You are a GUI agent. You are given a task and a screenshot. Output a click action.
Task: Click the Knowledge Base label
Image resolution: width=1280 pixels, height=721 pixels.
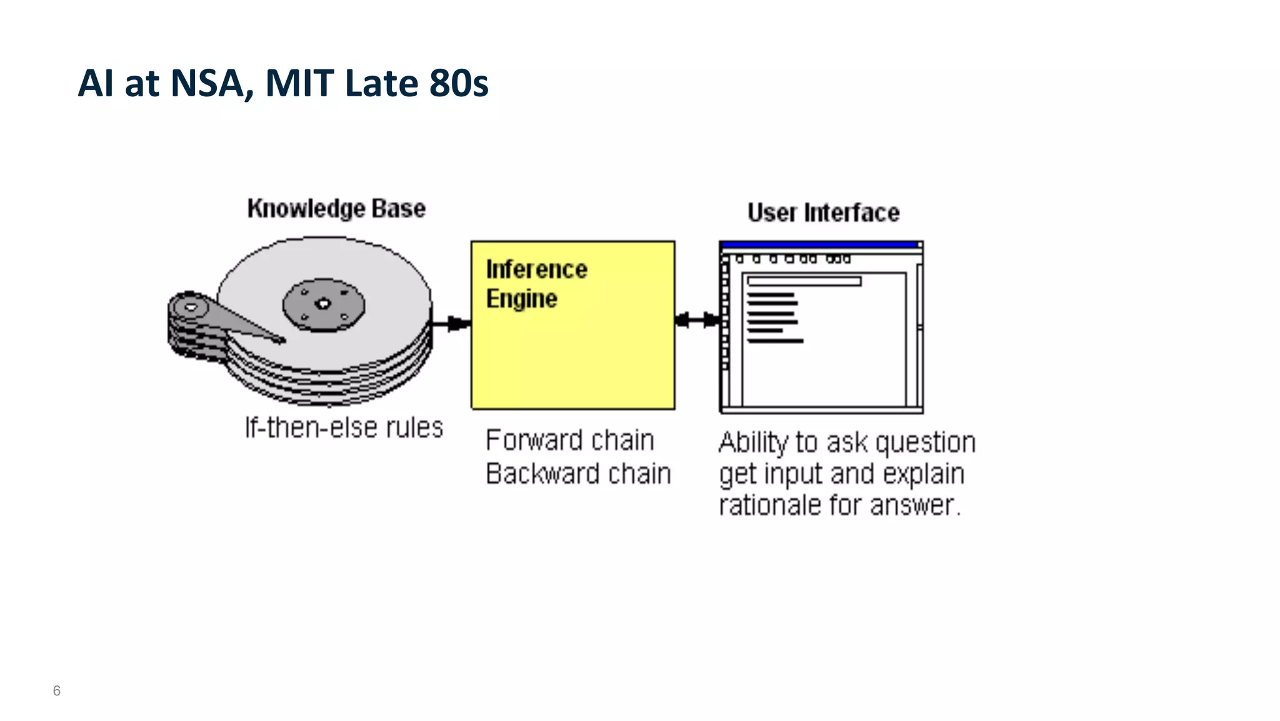[336, 208]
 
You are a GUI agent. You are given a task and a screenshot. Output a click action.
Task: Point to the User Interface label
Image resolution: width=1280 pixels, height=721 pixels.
[823, 213]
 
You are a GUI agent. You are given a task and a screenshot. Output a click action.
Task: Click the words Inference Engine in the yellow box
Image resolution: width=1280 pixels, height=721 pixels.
[536, 284]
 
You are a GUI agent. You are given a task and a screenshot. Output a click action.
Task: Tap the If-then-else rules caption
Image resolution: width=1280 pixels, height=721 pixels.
[344, 428]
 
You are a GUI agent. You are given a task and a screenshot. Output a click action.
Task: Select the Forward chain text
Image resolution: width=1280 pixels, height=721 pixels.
[569, 440]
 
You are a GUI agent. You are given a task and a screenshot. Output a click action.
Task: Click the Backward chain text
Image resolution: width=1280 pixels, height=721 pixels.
[578, 473]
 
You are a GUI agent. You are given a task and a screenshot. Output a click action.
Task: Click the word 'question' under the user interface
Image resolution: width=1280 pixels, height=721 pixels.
[925, 443]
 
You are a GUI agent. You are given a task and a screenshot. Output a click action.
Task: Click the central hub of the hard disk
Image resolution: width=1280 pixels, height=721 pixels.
[323, 305]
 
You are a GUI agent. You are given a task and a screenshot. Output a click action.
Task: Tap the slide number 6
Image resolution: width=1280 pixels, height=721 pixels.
[57, 691]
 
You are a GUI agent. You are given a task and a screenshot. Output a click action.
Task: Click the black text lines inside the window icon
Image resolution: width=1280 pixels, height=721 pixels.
[774, 317]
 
